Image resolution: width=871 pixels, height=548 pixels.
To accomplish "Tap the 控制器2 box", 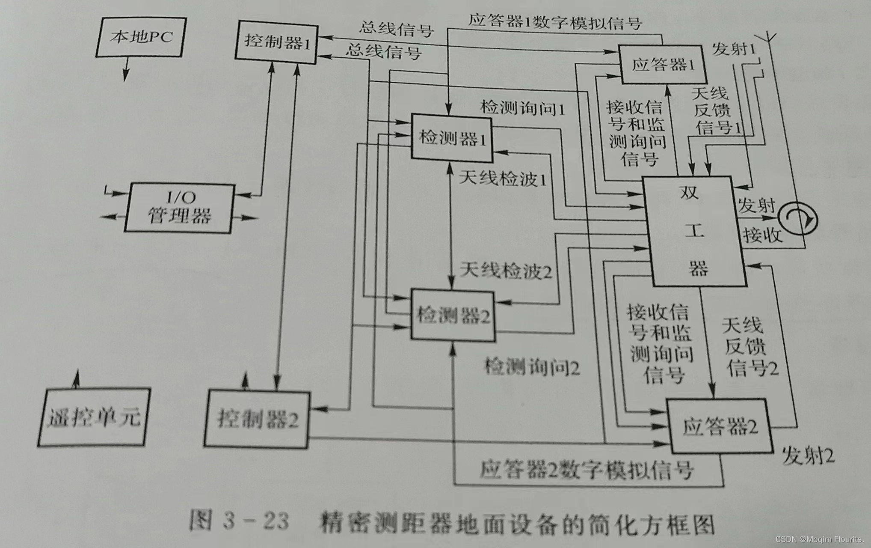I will (x=257, y=418).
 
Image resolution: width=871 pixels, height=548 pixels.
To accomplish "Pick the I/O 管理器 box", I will (x=180, y=208).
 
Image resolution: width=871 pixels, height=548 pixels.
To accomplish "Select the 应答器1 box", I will (x=663, y=65).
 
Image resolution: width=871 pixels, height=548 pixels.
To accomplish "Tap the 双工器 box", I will (x=695, y=231).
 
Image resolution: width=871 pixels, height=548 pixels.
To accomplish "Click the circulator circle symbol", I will (x=797, y=220).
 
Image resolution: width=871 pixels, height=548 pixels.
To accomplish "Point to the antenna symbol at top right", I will (x=770, y=36).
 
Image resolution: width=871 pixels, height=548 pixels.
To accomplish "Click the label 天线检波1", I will (x=503, y=178).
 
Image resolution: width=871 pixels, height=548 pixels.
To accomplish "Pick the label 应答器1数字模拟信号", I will (x=555, y=21).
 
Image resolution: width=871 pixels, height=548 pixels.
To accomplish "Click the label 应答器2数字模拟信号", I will (x=586, y=470).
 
